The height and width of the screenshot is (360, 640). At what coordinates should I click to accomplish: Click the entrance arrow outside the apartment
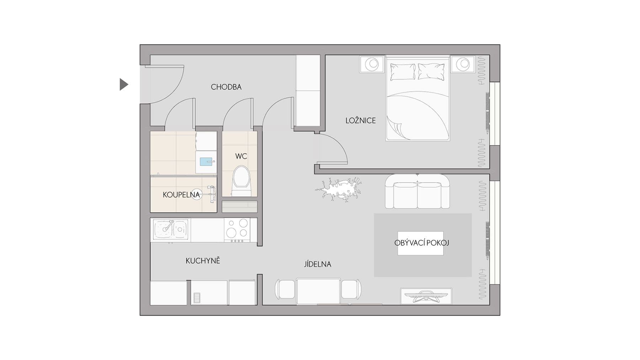pyautogui.click(x=123, y=84)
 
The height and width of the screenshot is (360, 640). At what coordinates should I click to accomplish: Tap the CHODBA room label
pyautogui.click(x=226, y=87)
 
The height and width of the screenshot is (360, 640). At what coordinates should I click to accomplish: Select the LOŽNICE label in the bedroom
pyautogui.click(x=361, y=120)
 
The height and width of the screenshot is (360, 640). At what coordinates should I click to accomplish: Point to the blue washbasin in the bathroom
pyautogui.click(x=206, y=162)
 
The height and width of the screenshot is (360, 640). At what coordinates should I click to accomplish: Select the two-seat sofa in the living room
pyautogui.click(x=417, y=192)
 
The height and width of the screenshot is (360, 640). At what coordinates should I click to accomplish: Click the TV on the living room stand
pyautogui.click(x=426, y=296)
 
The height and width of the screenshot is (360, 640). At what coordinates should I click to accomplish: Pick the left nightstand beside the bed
pyautogui.click(x=372, y=64)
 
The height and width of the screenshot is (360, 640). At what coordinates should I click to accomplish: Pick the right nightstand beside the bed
pyautogui.click(x=463, y=64)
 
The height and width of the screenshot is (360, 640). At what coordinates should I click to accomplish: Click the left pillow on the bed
pyautogui.click(x=403, y=71)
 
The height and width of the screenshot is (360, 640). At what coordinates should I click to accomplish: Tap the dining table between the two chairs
pyautogui.click(x=318, y=291)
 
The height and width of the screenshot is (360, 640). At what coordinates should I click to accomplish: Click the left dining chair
pyautogui.click(x=285, y=289)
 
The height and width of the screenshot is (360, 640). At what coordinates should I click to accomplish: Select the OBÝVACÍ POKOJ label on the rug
pyautogui.click(x=421, y=243)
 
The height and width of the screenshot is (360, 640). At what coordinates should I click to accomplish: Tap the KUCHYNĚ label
pyautogui.click(x=203, y=261)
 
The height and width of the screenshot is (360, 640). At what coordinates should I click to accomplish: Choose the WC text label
pyautogui.click(x=241, y=156)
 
